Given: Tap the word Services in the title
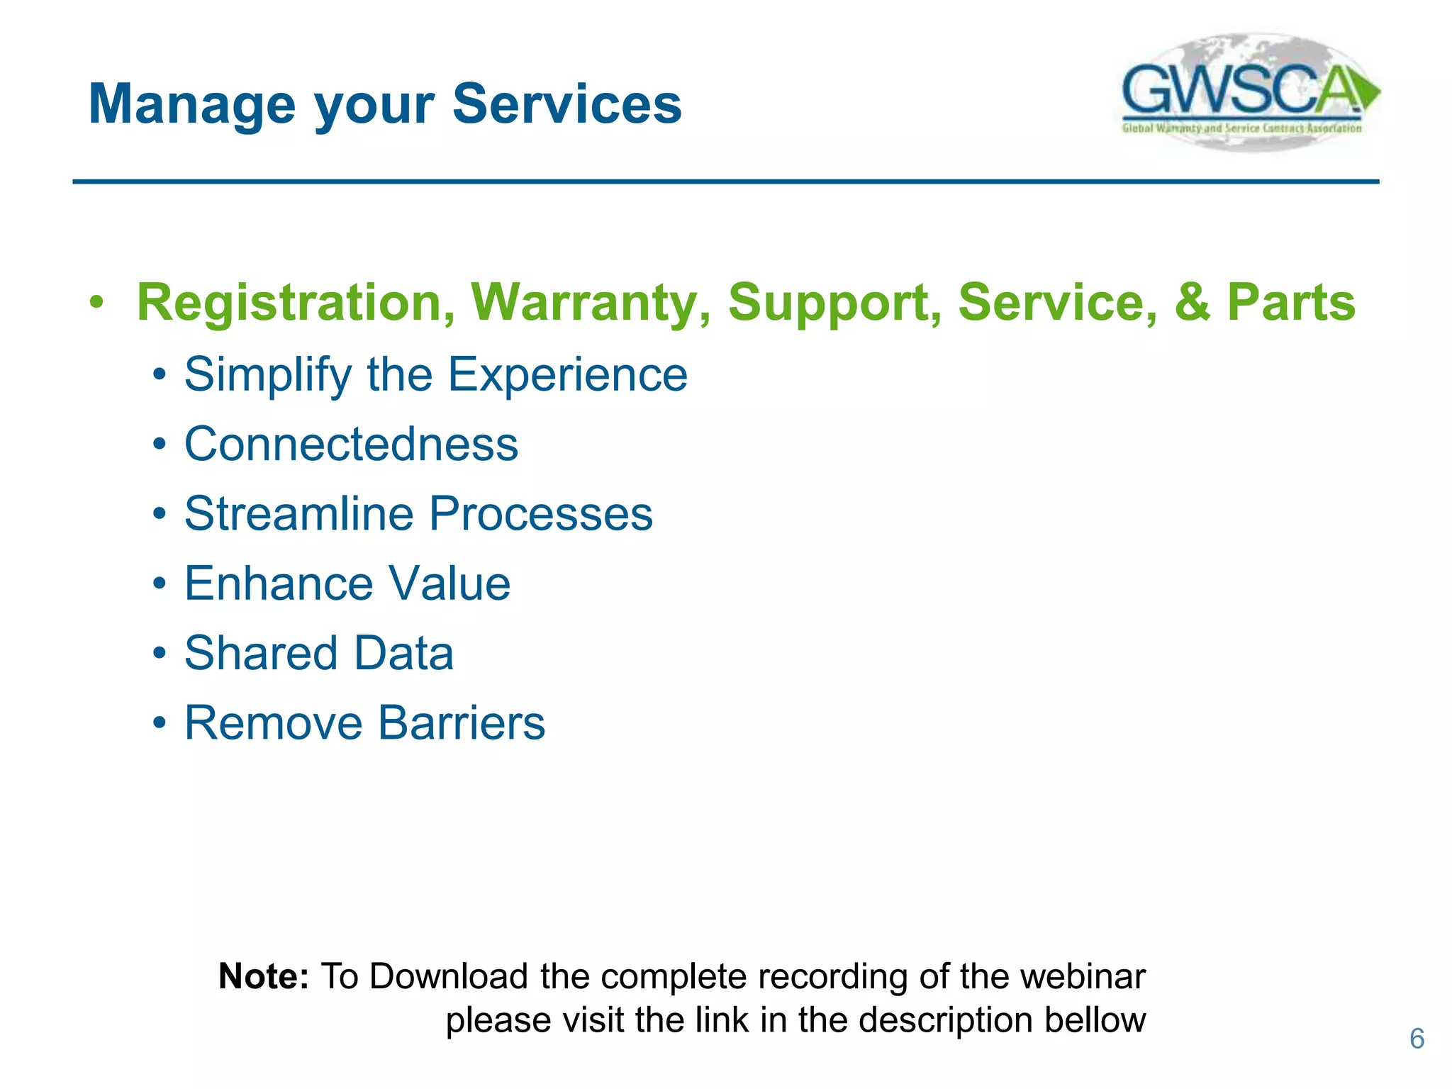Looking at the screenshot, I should click(566, 104).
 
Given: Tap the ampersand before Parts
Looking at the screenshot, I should click(1192, 303).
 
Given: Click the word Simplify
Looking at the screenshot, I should click(267, 374).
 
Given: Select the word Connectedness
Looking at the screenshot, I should click(351, 445).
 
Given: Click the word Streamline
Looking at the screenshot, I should click(298, 514).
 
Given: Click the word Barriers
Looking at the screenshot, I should click(461, 723).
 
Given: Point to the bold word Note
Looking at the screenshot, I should click(263, 976).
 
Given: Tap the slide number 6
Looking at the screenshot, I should click(1417, 1039).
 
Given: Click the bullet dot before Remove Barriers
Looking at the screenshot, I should click(160, 724).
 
